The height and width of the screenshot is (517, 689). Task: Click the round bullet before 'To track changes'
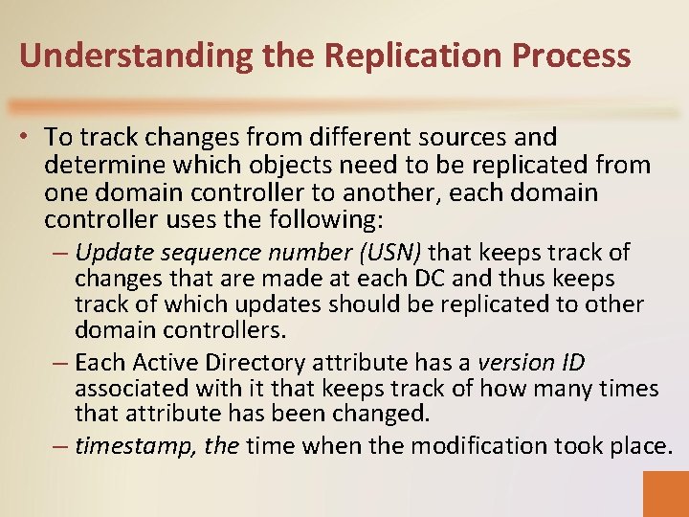pos(29,139)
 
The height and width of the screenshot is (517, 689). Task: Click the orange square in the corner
pos(666,493)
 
